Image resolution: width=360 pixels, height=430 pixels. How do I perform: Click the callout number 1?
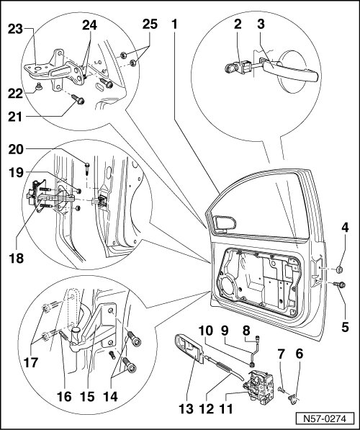(175, 24)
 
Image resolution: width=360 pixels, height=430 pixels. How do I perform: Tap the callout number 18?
(16, 258)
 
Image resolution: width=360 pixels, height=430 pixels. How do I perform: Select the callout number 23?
(15, 29)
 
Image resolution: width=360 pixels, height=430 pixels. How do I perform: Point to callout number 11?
(226, 409)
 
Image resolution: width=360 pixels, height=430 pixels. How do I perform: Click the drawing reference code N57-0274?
(325, 418)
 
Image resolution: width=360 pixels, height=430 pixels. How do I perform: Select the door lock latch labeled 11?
(258, 386)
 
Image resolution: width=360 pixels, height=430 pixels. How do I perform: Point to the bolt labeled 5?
(340, 285)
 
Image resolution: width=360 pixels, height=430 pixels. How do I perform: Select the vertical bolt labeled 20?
(87, 168)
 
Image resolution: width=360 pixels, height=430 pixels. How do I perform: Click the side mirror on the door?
(225, 223)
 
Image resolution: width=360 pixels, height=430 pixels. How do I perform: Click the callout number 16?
(64, 396)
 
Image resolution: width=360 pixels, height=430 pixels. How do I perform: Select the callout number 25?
(150, 24)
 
